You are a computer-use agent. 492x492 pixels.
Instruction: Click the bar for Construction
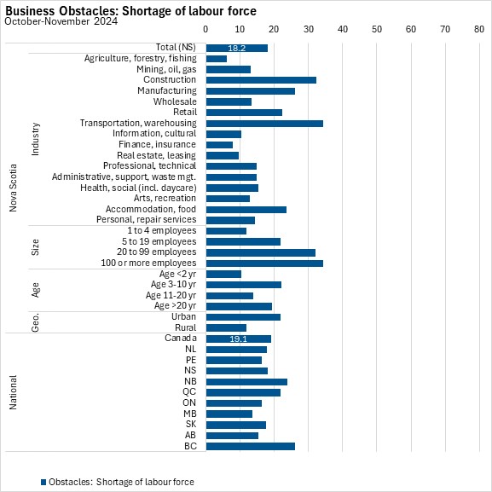[x=261, y=80]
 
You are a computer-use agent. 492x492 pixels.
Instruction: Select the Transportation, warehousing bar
[x=264, y=124]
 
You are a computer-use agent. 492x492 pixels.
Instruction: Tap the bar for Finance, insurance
[x=219, y=145]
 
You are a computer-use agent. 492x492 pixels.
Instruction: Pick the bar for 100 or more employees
[x=264, y=263]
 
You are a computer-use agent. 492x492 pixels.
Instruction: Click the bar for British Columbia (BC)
[x=251, y=446]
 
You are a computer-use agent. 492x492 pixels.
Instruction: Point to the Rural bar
[x=226, y=328]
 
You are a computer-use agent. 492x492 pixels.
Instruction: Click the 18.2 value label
[x=236, y=48]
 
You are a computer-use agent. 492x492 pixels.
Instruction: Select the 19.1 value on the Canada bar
[x=238, y=339]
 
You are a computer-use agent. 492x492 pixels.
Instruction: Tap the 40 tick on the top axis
[x=343, y=29]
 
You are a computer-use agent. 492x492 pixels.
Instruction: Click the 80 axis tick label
[x=479, y=29]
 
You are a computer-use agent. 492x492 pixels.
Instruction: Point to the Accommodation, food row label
[x=151, y=209]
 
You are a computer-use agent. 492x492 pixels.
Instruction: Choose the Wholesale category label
[x=175, y=101]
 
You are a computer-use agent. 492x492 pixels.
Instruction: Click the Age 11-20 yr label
[x=171, y=295]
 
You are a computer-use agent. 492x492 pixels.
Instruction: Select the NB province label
[x=190, y=381]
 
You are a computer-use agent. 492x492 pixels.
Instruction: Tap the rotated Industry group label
[x=36, y=139]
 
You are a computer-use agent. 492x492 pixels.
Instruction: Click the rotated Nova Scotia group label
[x=13, y=188]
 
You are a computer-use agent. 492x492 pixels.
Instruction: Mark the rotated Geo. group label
[x=36, y=322]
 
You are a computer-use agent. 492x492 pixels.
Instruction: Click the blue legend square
[x=43, y=482]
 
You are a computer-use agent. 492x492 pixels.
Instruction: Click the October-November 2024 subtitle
[x=61, y=21]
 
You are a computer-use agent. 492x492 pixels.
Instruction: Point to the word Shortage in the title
[x=145, y=11]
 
